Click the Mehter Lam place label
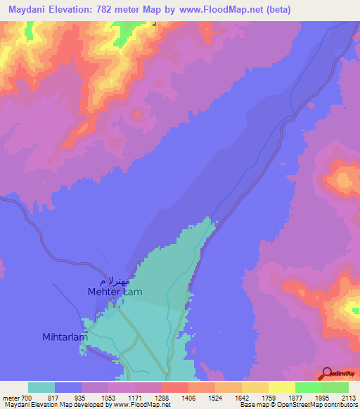pos(116,291)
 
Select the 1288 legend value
pos(162,398)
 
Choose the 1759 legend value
pos(269,398)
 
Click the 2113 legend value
pos(348,398)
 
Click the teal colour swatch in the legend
pos(41,387)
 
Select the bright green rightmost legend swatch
pos(335,387)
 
